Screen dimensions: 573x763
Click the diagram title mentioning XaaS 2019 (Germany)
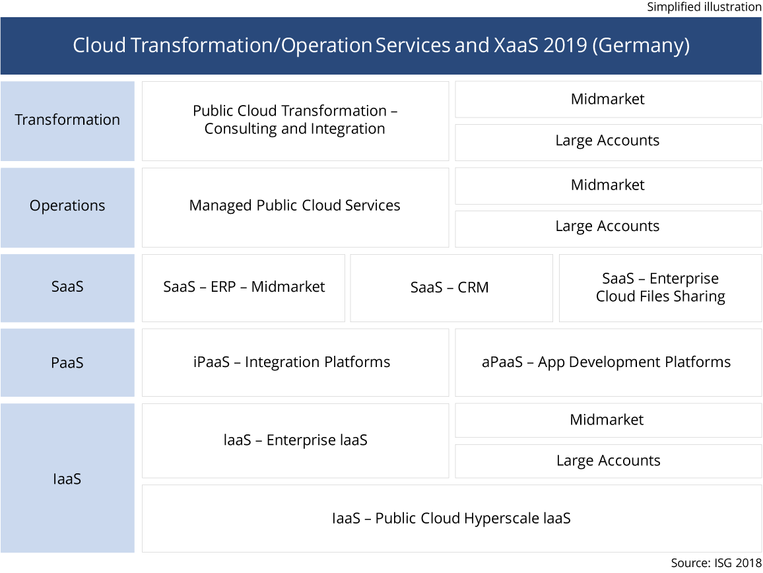point(381,46)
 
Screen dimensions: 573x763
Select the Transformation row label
point(67,120)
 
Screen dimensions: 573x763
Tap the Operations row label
point(67,206)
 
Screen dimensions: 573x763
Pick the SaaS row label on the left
point(67,287)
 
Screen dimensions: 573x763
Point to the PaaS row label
point(67,362)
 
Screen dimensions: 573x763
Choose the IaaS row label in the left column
point(67,479)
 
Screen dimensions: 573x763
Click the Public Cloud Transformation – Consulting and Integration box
point(295,120)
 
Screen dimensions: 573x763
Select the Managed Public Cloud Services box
point(295,206)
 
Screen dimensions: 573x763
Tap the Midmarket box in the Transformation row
point(608,99)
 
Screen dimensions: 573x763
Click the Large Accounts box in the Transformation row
point(608,141)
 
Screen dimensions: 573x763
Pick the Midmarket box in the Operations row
point(608,185)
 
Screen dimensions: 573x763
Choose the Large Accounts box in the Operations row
point(608,226)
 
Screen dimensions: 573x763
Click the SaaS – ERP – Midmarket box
point(244,287)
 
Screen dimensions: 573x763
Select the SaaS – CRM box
point(450,288)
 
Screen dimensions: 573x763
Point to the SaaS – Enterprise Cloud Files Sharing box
point(660,288)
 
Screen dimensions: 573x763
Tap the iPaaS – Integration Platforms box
point(295,362)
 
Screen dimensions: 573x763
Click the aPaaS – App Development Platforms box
point(608,362)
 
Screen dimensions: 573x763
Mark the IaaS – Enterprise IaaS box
point(295,440)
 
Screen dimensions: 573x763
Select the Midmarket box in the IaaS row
point(608,420)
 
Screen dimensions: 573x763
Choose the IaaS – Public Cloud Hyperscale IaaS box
point(451,519)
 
